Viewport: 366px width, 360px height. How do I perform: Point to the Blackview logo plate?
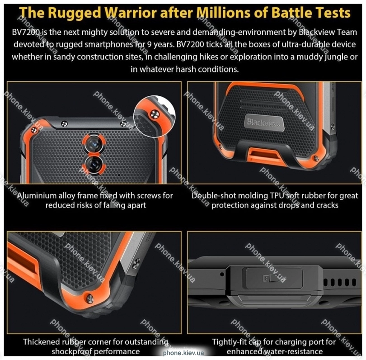pyautogui.click(x=263, y=122)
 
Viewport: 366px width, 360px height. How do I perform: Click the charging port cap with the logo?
pyautogui.click(x=275, y=278)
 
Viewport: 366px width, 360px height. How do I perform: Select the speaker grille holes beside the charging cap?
pyautogui.click(x=340, y=282)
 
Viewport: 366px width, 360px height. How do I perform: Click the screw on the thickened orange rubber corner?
pyautogui.click(x=89, y=298)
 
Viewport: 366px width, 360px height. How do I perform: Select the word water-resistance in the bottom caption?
pyautogui.click(x=288, y=351)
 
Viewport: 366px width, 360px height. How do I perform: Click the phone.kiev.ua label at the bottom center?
pyautogui.click(x=183, y=353)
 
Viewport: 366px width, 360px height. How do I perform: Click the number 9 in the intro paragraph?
pyautogui.click(x=149, y=44)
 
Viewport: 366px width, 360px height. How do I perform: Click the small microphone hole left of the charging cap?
pyautogui.click(x=222, y=274)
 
